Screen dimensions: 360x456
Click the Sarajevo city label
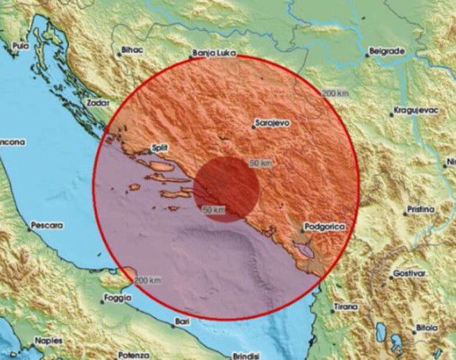coord(271,124)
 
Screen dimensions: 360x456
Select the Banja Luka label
coord(211,55)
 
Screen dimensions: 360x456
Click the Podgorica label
coord(325,228)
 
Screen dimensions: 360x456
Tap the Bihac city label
coord(132,52)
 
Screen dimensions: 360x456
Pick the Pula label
coord(19,47)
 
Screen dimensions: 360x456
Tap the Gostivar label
coord(410,275)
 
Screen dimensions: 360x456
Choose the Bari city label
coord(184,321)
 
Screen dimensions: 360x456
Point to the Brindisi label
coord(247,355)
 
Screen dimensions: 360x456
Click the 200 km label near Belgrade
coord(335,94)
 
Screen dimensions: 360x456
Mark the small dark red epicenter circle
coord(227,189)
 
